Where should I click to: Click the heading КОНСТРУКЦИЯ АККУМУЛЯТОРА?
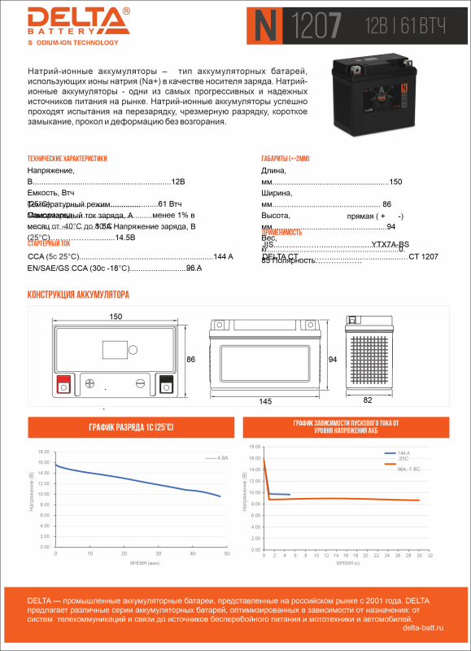pyautogui.click(x=78, y=295)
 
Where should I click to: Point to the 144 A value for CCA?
pyautogui.click(x=223, y=256)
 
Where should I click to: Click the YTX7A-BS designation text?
pyautogui.click(x=390, y=244)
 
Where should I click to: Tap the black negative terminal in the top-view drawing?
pyautogui.click(x=166, y=382)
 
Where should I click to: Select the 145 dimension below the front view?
pyautogui.click(x=264, y=401)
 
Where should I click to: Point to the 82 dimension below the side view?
pyautogui.click(x=368, y=400)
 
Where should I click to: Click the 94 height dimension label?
pyautogui.click(x=332, y=358)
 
